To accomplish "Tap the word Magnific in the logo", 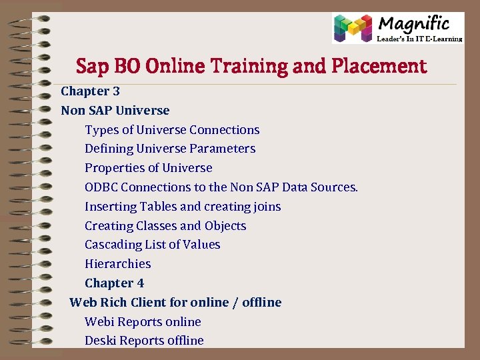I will [x=413, y=24].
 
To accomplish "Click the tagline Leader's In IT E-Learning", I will [x=420, y=39].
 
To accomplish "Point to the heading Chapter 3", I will [x=91, y=91].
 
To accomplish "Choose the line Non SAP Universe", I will [x=115, y=110].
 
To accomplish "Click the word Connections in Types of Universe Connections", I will [x=225, y=129].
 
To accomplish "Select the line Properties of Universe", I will [x=148, y=168].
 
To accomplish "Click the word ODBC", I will [x=101, y=187].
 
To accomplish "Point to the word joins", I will [x=265, y=207].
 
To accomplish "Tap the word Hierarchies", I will [x=118, y=264].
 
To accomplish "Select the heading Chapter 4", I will [x=114, y=283].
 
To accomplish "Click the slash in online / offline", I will [x=234, y=303].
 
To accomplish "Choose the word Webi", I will [x=99, y=321].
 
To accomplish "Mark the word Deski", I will [x=100, y=341].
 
